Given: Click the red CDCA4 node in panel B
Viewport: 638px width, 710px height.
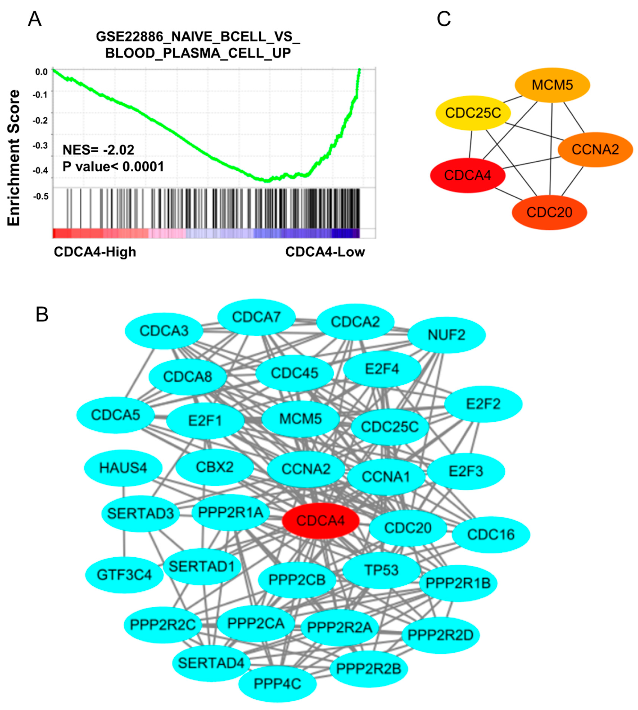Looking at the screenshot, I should pos(320,520).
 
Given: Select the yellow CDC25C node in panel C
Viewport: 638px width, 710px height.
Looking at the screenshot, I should pos(473,113).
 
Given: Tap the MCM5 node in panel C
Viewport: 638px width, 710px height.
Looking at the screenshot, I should pos(552,85).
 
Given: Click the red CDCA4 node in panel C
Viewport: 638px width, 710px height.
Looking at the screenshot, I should pos(467,175).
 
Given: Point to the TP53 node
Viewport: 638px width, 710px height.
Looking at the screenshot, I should pos(381,570).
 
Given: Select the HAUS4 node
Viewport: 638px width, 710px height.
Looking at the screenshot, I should pos(123,468).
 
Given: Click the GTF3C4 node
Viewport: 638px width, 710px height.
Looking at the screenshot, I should pos(124,575).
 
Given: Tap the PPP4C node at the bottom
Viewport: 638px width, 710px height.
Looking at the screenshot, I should pos(277,684).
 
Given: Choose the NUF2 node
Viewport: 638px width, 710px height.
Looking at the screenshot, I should pos(446,335).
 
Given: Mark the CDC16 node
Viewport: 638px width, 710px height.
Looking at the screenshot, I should pos(490,534).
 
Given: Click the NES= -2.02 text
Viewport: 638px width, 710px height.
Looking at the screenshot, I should pos(98,150).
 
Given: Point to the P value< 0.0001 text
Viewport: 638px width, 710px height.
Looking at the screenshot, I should pos(113,166).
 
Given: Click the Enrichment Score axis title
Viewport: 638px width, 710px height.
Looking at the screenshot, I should pos(14,158).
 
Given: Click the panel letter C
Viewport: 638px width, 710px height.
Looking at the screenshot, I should pos(444,19).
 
